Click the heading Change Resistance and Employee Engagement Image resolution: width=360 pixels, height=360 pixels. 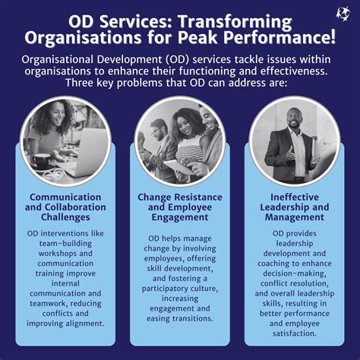[179, 207]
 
